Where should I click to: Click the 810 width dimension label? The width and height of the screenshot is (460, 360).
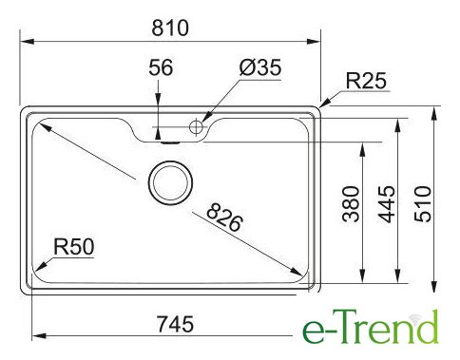[170, 28]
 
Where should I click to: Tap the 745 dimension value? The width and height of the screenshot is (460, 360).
[175, 324]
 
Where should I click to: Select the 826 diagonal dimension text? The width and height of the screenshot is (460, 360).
[224, 218]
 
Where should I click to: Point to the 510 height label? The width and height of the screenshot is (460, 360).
[423, 204]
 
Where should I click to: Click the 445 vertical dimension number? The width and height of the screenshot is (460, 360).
[387, 204]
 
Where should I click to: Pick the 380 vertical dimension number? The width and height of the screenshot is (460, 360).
[351, 204]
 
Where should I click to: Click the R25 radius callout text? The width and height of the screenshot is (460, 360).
[366, 81]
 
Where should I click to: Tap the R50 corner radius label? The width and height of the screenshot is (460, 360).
[74, 247]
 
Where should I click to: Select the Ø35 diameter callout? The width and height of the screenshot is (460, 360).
[260, 67]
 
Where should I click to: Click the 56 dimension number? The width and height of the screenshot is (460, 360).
[161, 67]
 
